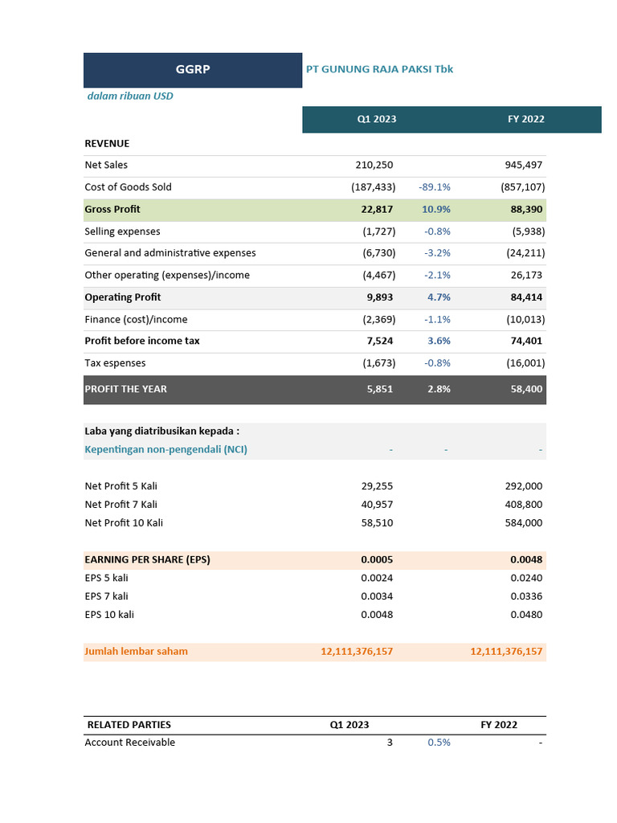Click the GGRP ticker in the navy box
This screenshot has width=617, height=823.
coord(193,70)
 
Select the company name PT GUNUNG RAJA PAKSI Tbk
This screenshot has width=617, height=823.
coord(379,69)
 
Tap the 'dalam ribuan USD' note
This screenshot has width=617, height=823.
coord(130,96)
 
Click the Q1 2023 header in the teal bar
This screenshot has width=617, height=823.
coord(377,119)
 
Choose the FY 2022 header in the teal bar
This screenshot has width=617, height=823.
coord(525,119)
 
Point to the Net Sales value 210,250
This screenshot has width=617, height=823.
coord(374,165)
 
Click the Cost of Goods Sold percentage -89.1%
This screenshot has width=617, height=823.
coord(435,187)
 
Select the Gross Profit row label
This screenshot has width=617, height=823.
coord(112,209)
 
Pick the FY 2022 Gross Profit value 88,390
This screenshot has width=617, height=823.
coord(526,209)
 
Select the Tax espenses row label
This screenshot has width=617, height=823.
coord(115,363)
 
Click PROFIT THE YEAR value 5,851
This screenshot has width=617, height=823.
coord(380,389)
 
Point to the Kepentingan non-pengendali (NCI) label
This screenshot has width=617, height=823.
coord(165,449)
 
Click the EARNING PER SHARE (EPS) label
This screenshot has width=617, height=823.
coord(147,559)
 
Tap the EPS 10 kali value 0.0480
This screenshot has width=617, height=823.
coord(526,615)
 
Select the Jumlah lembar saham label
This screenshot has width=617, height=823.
coord(136,652)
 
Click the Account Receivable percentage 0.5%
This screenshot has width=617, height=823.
coord(439,743)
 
